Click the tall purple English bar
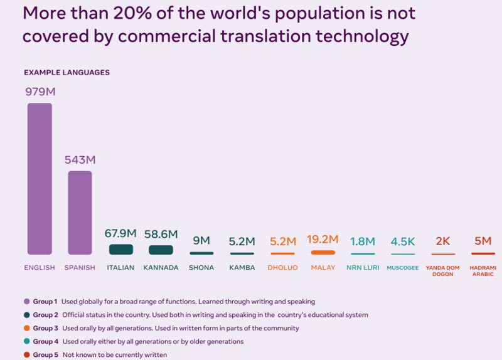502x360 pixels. (x=40, y=179)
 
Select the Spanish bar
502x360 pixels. (x=80, y=213)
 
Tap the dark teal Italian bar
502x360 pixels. (x=120, y=250)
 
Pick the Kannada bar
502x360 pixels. (x=161, y=250)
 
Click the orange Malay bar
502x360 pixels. (x=323, y=252)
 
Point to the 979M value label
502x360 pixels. (x=40, y=92)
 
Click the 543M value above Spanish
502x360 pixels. (x=80, y=160)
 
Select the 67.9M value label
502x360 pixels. (x=120, y=234)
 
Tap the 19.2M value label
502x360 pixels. (x=323, y=239)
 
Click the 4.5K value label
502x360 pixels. (x=403, y=241)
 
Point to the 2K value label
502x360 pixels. (x=442, y=241)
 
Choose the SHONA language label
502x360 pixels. (x=201, y=268)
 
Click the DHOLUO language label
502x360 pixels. (x=282, y=268)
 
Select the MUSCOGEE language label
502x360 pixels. (x=403, y=268)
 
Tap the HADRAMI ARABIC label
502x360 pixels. (x=483, y=271)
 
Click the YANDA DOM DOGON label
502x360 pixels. (x=442, y=271)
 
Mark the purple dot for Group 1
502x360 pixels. (x=26, y=302)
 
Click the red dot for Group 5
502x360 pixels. (x=26, y=355)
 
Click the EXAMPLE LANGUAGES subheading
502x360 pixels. (x=67, y=73)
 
